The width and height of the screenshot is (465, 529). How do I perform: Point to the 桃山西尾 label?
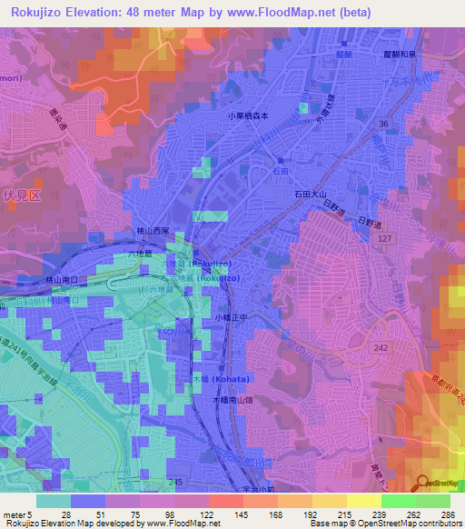coord(153,233)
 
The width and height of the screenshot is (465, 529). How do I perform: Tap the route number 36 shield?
coord(385,124)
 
